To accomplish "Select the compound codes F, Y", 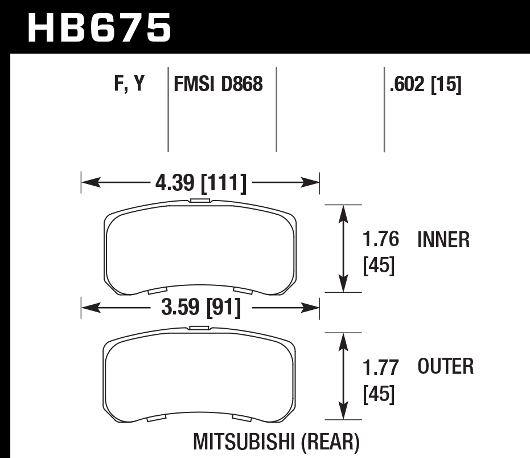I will click(129, 85).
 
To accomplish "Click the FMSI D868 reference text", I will click(218, 85).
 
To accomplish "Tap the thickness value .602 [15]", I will click(424, 85).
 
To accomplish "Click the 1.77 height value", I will click(380, 366).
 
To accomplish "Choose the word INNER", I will click(444, 240).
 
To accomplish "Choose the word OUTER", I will click(446, 366).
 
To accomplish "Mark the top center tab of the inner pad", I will click(200, 201).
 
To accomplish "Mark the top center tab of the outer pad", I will click(200, 328).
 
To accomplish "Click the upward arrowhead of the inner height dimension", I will click(343, 212).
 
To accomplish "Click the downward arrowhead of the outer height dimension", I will click(343, 412).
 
